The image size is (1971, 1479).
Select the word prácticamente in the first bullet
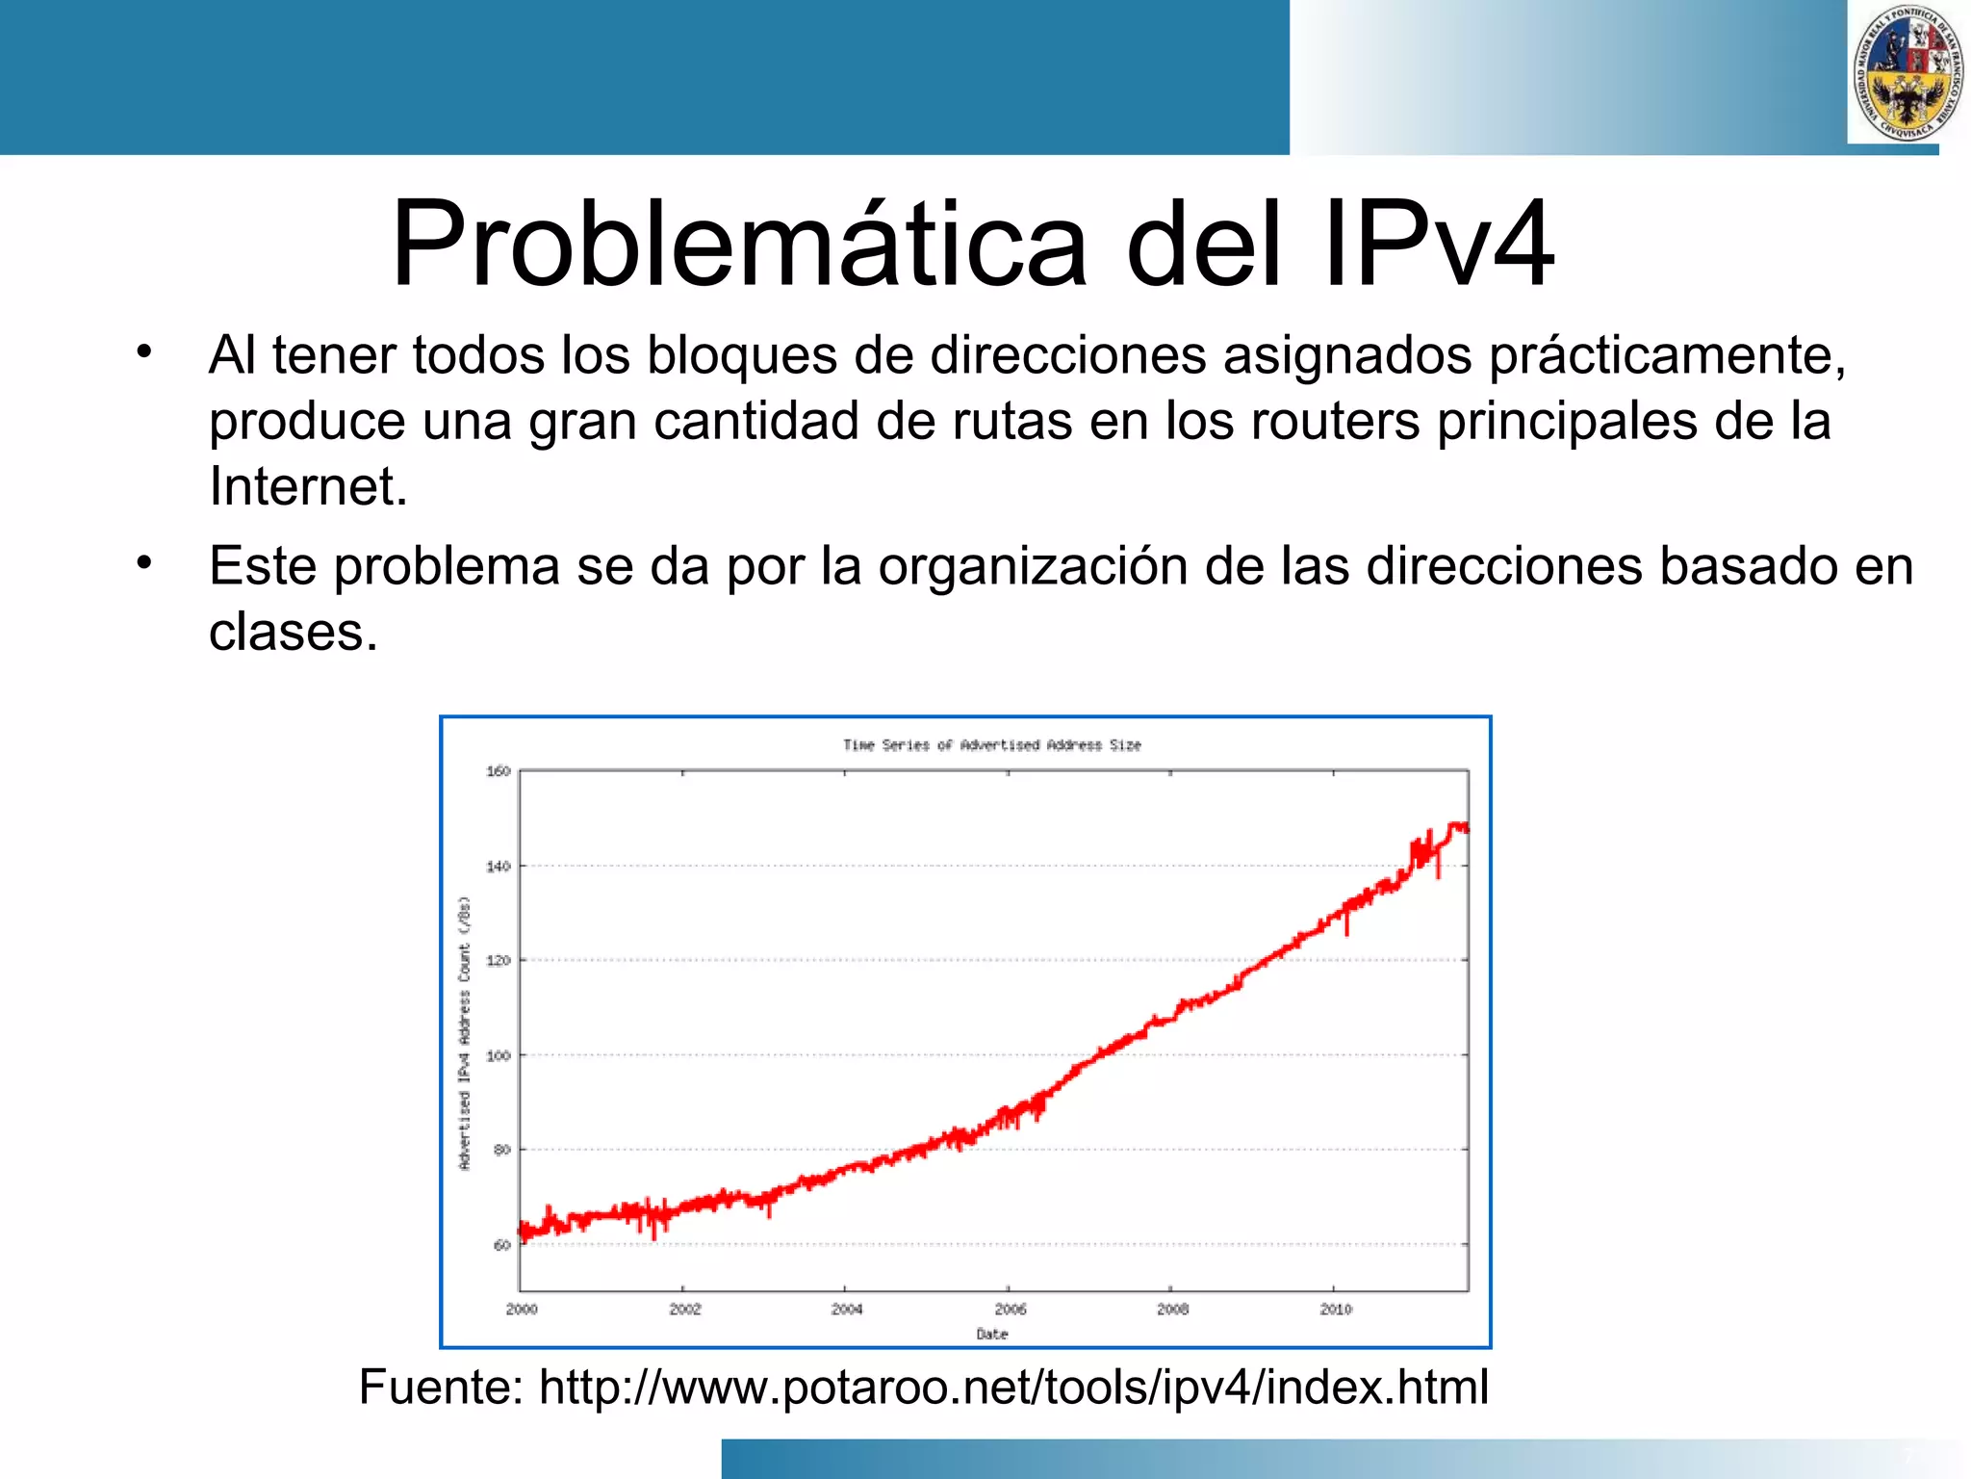(x=1667, y=355)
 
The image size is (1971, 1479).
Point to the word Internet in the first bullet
(x=308, y=486)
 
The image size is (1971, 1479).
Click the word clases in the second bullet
(x=293, y=633)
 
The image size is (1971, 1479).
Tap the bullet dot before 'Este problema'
(x=144, y=561)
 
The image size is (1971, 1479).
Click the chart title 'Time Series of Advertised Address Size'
(x=991, y=744)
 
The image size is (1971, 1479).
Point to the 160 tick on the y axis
(x=499, y=771)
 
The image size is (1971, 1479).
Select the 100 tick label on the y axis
(x=499, y=1055)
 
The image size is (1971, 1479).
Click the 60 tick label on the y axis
(x=501, y=1245)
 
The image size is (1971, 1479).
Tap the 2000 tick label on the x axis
(x=522, y=1310)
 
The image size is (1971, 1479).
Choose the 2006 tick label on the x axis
(x=1010, y=1310)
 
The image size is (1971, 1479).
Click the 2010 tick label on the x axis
(x=1335, y=1310)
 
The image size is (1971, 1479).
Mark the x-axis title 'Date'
(x=991, y=1334)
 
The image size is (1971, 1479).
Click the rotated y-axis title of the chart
(x=465, y=1032)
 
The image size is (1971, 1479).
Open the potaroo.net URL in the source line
(x=1013, y=1388)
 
